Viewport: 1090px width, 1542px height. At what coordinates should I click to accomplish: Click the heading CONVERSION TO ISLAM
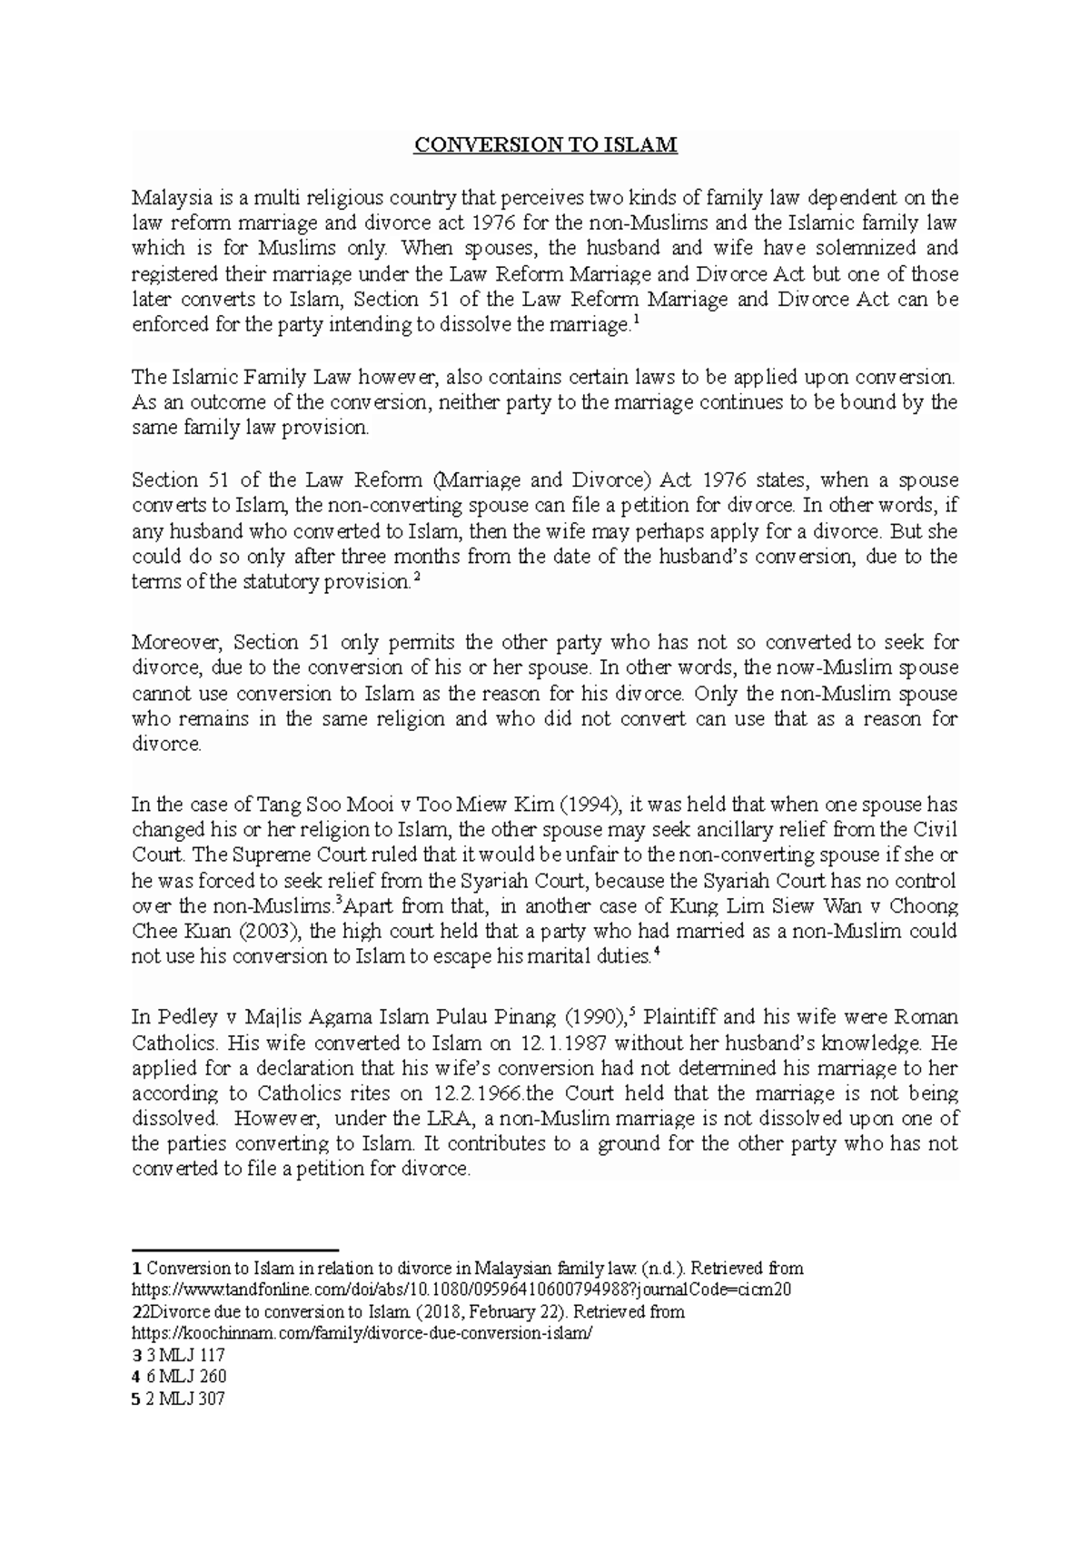545,145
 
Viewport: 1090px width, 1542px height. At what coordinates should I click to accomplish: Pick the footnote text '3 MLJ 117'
185,1355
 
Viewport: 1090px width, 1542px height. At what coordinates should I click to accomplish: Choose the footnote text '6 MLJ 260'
185,1377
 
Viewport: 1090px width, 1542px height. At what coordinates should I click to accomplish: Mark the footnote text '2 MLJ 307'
185,1399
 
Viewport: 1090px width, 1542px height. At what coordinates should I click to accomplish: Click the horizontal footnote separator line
234,1250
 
